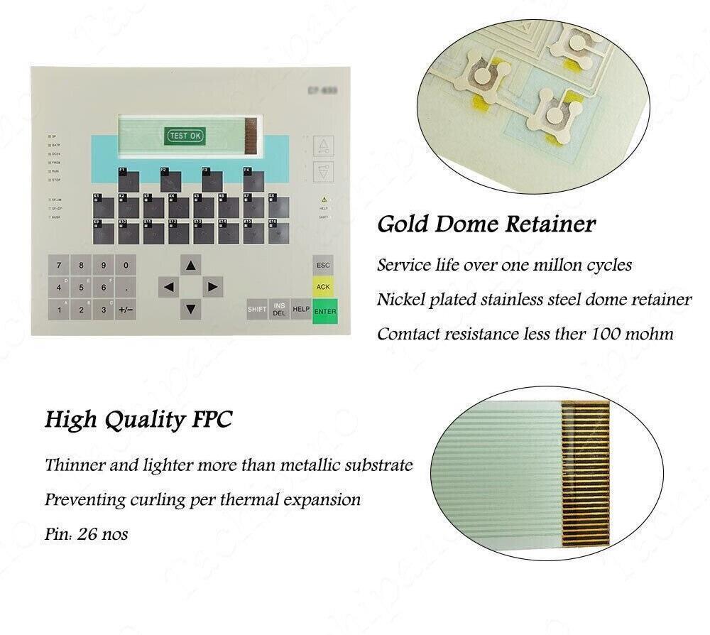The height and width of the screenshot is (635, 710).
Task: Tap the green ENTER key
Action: pyautogui.click(x=324, y=309)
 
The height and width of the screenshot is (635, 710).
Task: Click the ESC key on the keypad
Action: pyautogui.click(x=323, y=266)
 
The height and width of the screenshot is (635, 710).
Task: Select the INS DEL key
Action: pyautogui.click(x=279, y=310)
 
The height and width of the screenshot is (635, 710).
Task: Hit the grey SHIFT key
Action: pyautogui.click(x=257, y=310)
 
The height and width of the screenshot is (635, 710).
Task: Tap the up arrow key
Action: pyautogui.click(x=190, y=266)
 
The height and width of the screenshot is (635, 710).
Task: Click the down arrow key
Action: pyautogui.click(x=190, y=309)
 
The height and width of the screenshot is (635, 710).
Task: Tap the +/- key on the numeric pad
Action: pyautogui.click(x=126, y=310)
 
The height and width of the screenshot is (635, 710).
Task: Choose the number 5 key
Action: pyautogui.click(x=82, y=288)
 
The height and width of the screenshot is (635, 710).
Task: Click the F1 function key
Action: pyautogui.click(x=129, y=180)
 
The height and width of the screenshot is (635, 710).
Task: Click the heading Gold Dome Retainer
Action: pyautogui.click(x=486, y=225)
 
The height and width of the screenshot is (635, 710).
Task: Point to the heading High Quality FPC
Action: pyautogui.click(x=138, y=420)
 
